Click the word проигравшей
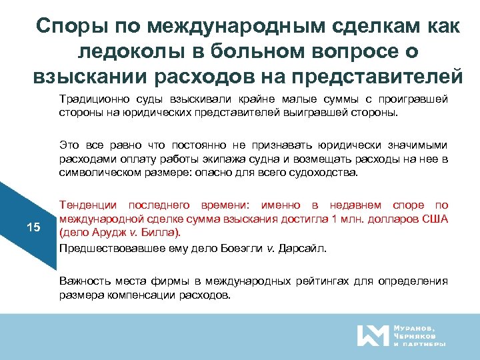pyautogui.click(x=413, y=100)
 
